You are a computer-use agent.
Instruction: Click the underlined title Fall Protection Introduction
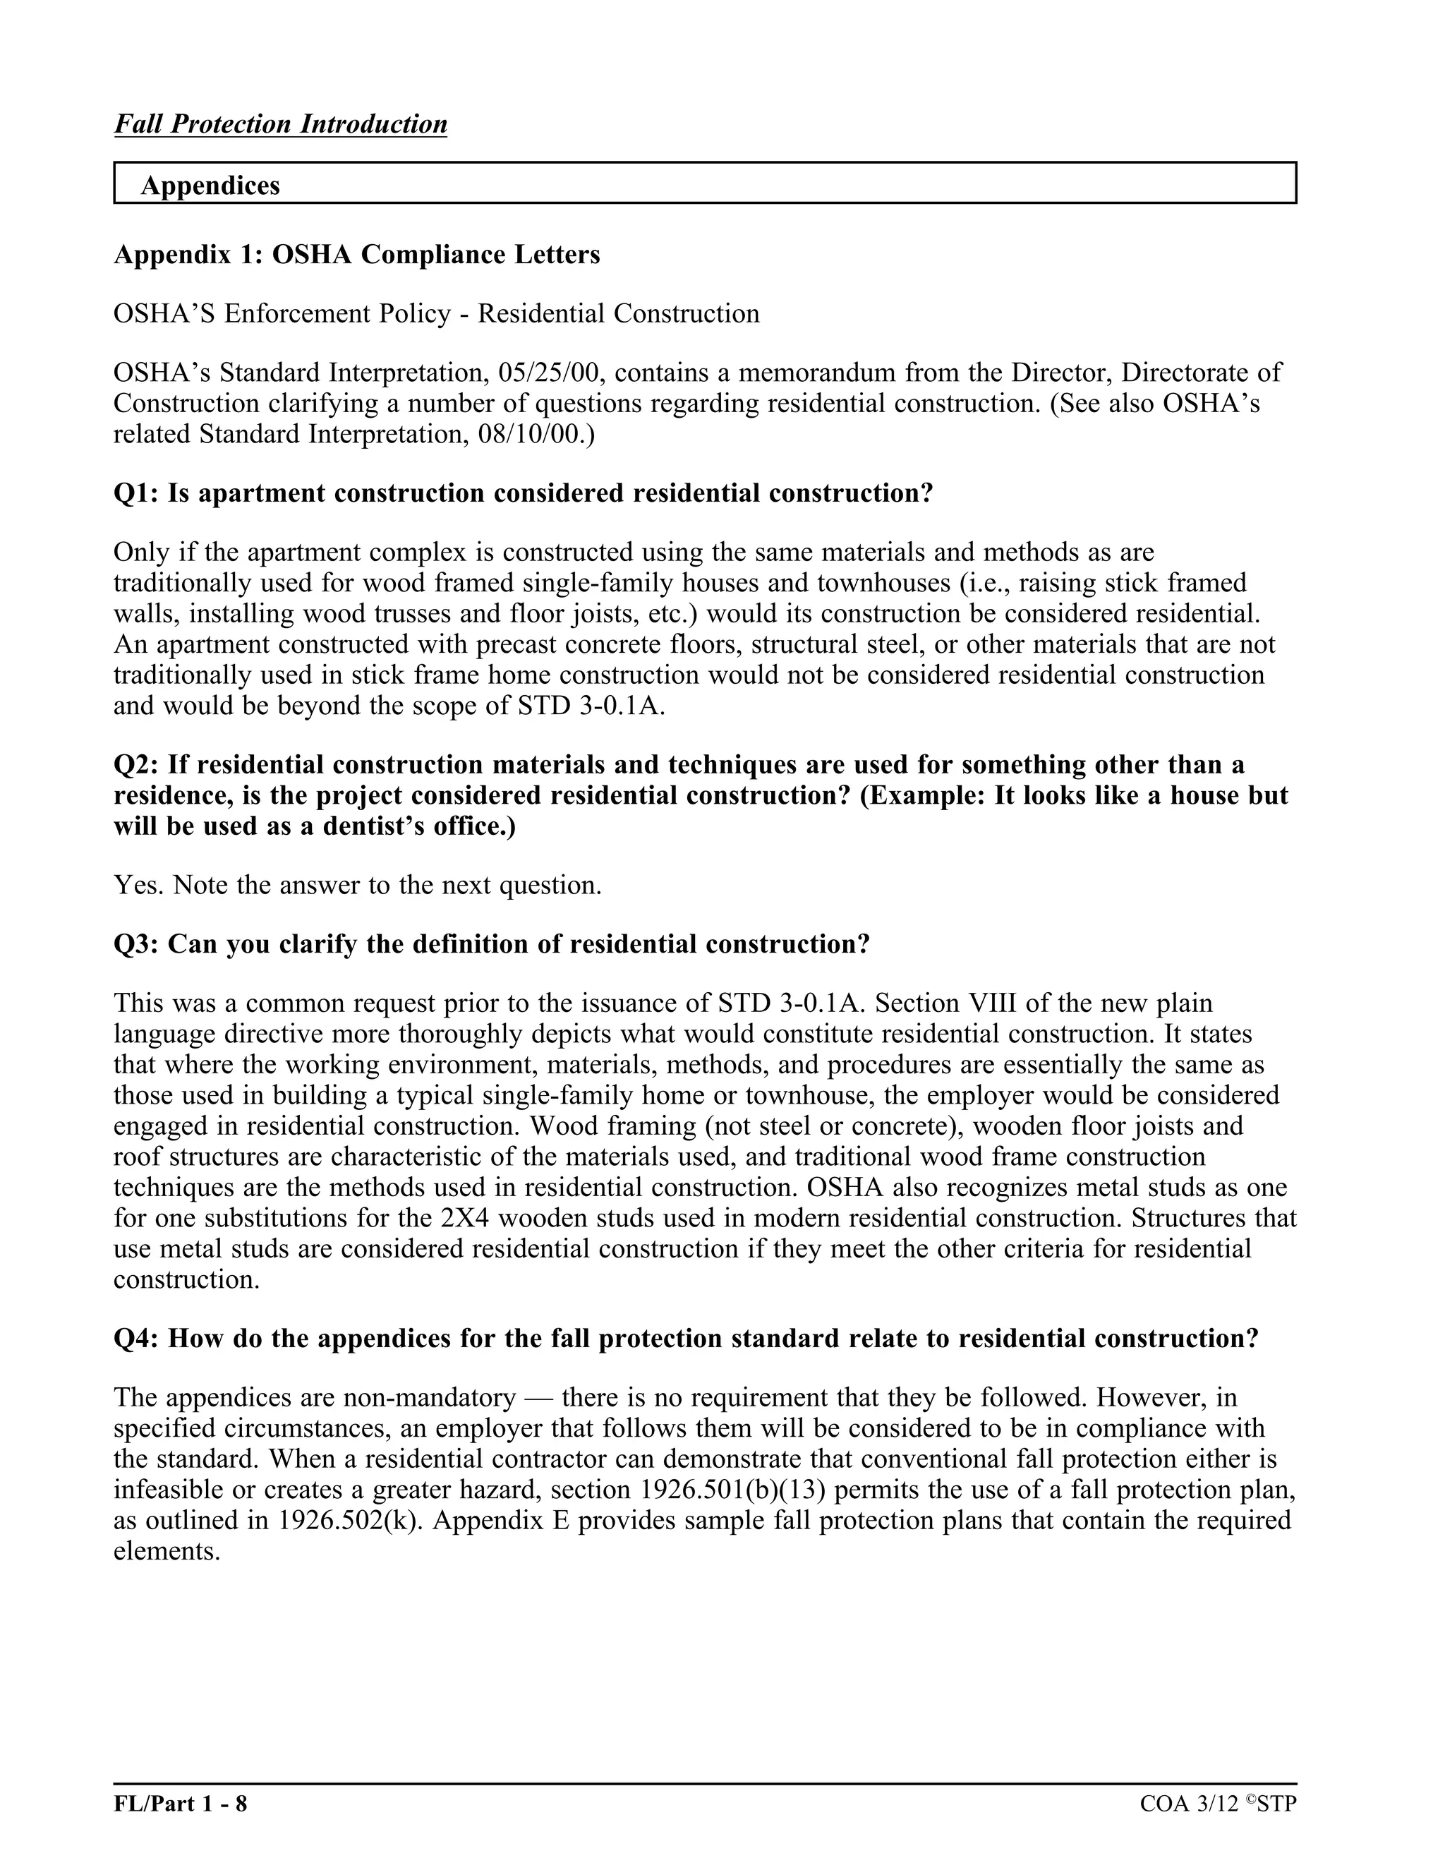tap(280, 124)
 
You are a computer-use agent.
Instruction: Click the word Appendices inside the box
tap(210, 186)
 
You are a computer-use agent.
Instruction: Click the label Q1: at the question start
tap(136, 493)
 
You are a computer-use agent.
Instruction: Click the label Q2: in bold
tap(136, 765)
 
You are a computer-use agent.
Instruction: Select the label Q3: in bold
tap(136, 944)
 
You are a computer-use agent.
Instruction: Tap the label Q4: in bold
tap(136, 1338)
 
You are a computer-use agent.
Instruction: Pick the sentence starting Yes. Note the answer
tap(358, 886)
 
